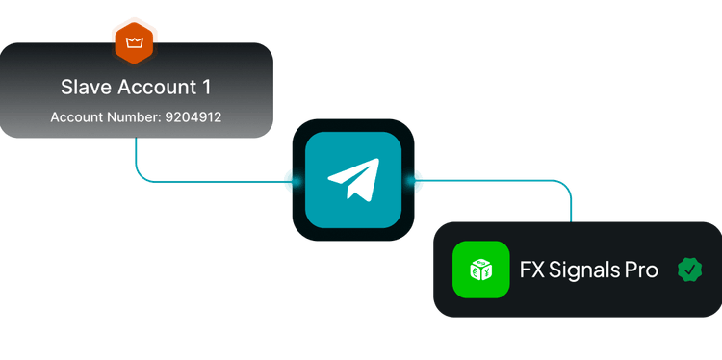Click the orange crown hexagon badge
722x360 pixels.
(x=134, y=42)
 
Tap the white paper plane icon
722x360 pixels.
(x=353, y=180)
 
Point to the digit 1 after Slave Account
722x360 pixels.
(x=207, y=87)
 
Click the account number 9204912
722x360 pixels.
(x=193, y=117)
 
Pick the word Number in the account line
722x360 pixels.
(x=134, y=117)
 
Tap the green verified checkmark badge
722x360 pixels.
(x=690, y=270)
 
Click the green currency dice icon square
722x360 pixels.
(x=481, y=270)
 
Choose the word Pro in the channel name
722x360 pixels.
(x=641, y=270)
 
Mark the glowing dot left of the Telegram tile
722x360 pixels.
(x=294, y=181)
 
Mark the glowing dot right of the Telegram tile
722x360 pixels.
(x=414, y=181)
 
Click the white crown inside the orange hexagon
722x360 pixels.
(x=134, y=43)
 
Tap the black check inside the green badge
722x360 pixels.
(x=690, y=270)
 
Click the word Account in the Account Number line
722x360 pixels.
(x=77, y=117)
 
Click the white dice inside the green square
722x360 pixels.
(x=481, y=270)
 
